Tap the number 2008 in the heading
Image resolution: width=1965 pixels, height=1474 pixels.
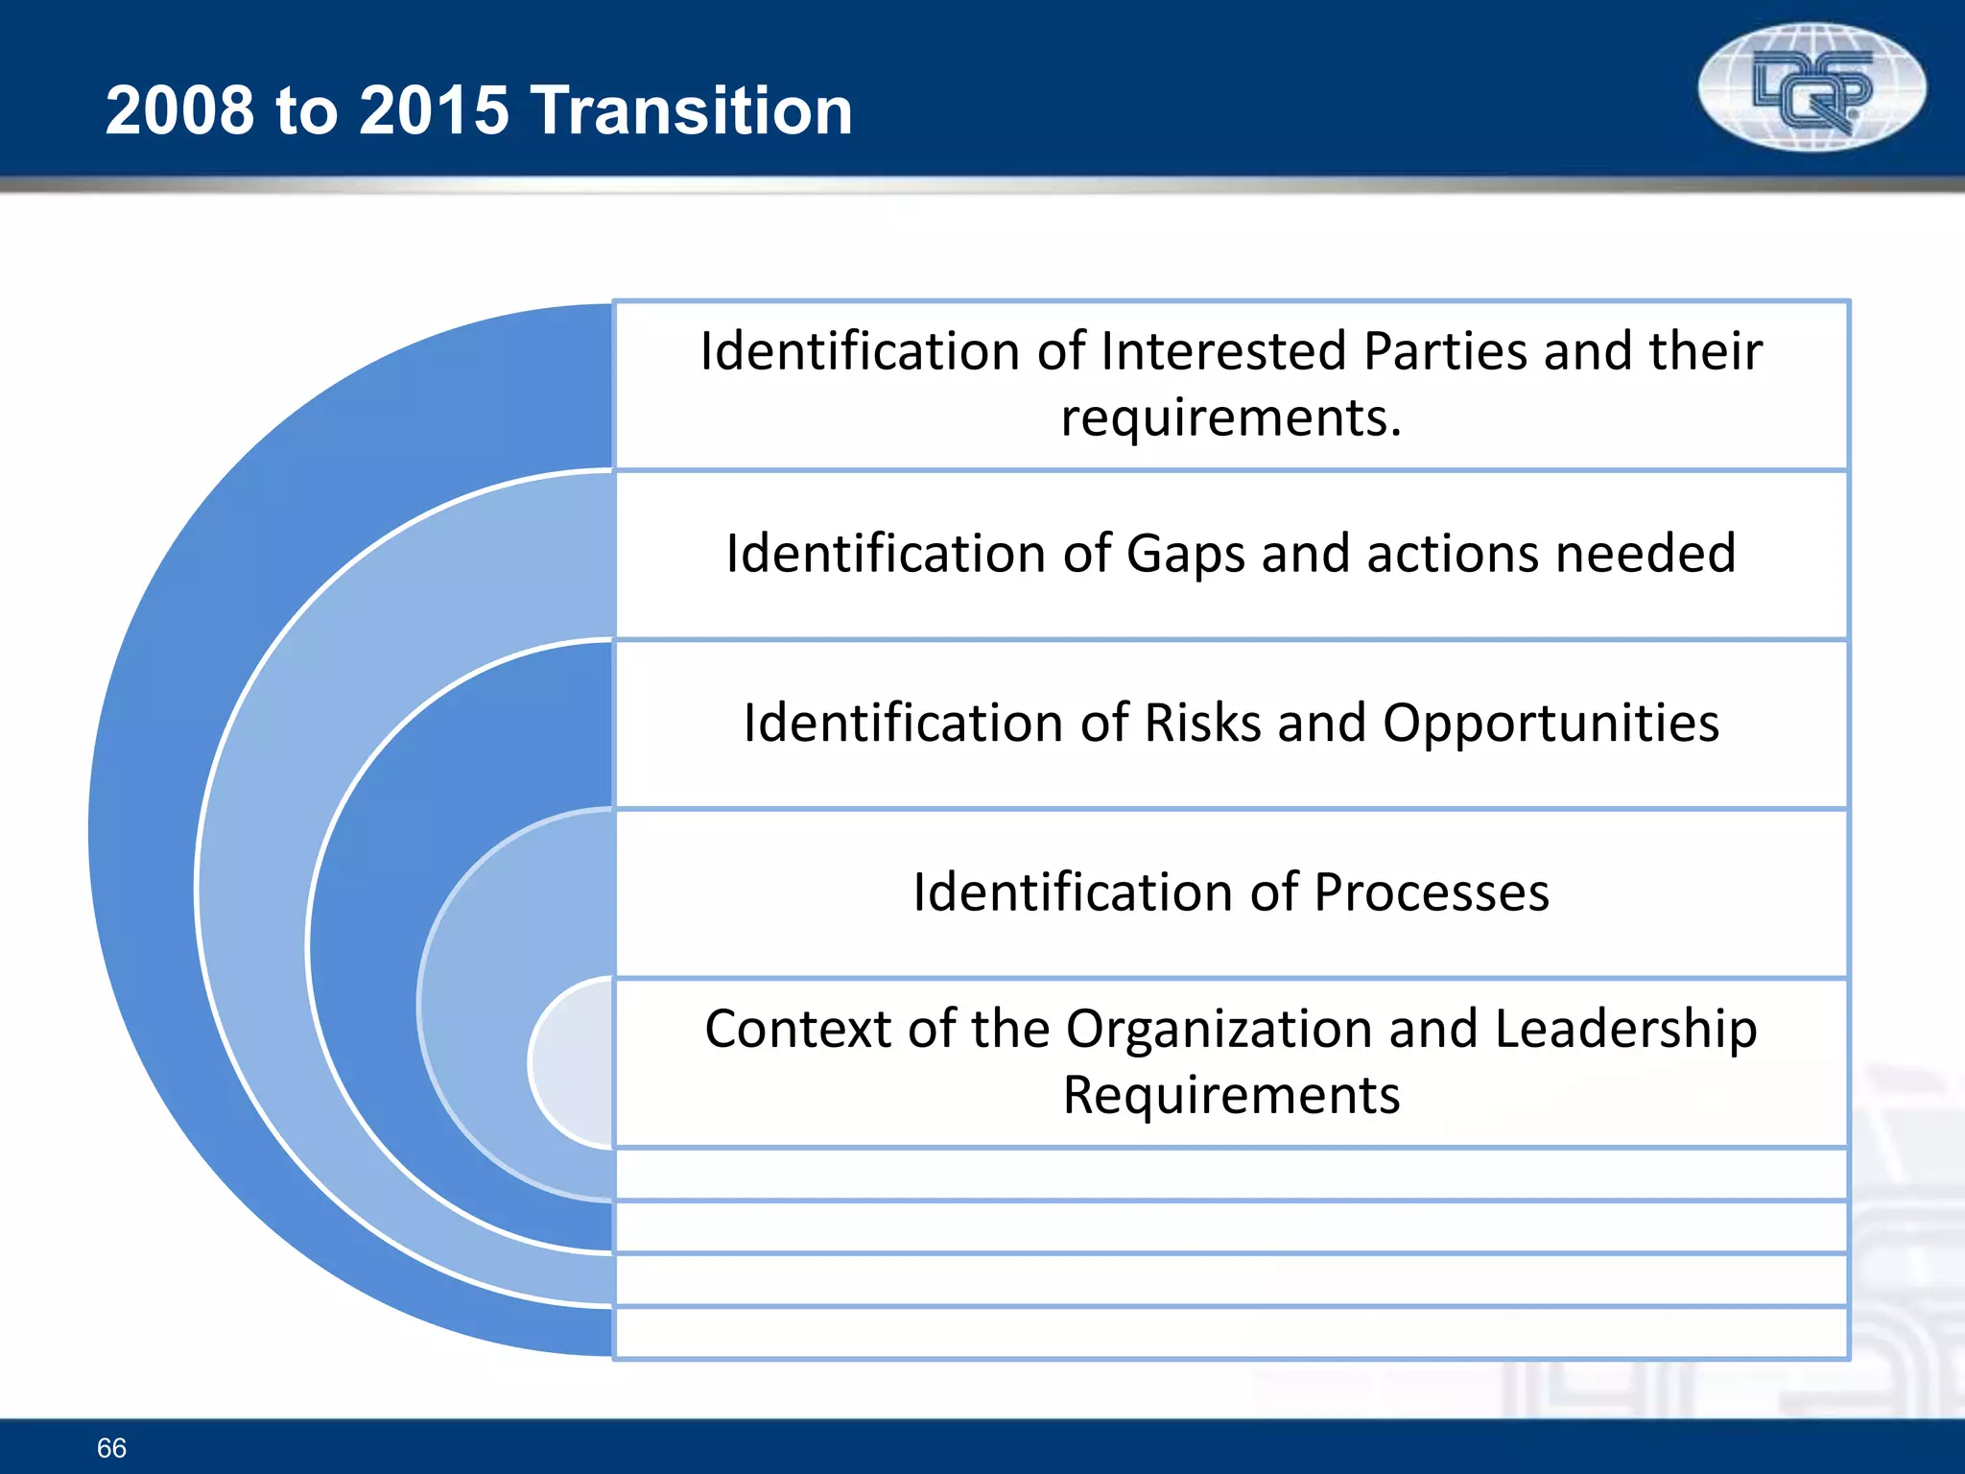[x=180, y=110]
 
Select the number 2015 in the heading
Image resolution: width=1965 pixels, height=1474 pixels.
[x=434, y=110]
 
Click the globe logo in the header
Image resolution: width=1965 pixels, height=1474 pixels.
[x=1811, y=88]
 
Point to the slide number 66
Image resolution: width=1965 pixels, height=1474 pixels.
[x=111, y=1447]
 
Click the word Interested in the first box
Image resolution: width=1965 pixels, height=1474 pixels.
[x=1223, y=351]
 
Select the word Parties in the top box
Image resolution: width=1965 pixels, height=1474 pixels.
[x=1445, y=351]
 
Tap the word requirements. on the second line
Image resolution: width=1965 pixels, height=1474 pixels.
[x=1231, y=418]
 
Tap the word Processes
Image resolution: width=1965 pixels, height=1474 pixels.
[x=1431, y=892]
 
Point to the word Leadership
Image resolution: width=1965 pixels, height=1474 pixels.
[x=1625, y=1030]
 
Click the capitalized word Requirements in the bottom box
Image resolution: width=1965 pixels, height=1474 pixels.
[x=1231, y=1095]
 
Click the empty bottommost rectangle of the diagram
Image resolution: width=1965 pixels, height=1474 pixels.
[x=1231, y=1332]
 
